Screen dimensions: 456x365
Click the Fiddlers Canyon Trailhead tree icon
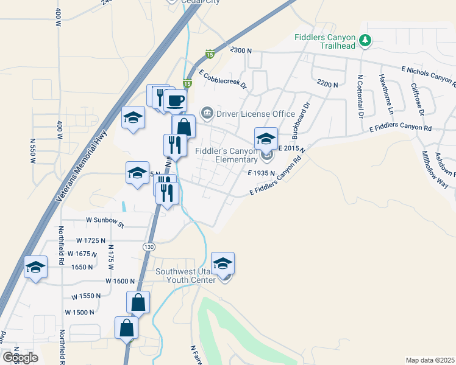pos(365,41)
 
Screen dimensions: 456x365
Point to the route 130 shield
pos(149,247)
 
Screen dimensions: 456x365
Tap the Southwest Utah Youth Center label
pos(186,276)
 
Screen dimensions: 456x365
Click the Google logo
pos(20,357)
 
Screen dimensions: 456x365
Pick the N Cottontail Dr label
pos(360,96)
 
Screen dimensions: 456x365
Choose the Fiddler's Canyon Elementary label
pos(227,155)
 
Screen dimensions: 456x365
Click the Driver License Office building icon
pos(207,113)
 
